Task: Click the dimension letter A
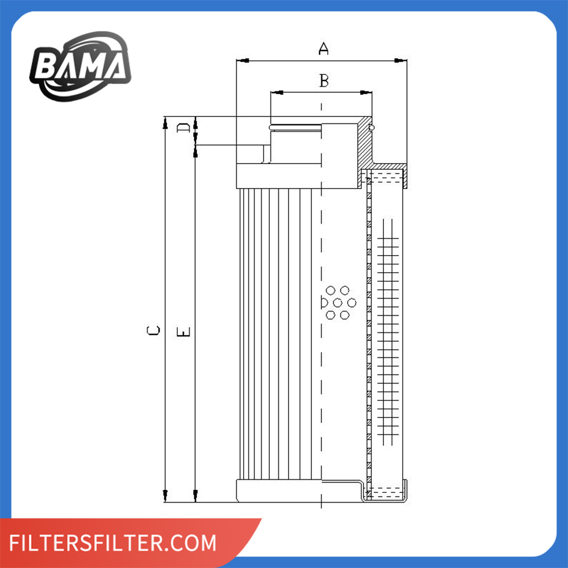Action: tap(323, 49)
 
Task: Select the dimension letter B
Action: tap(323, 81)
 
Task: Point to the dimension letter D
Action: tap(182, 128)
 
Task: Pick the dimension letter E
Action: tap(183, 331)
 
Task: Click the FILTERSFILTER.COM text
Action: tap(114, 542)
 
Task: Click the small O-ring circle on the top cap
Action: tap(371, 127)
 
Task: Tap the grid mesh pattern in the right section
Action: tap(388, 329)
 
